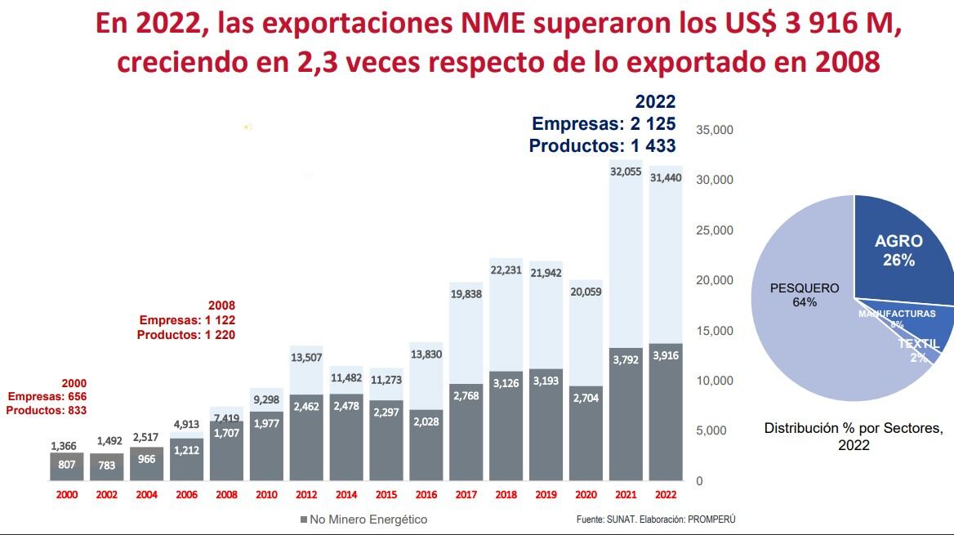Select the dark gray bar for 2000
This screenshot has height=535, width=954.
click(67, 466)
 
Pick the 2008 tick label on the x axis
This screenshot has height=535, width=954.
click(227, 495)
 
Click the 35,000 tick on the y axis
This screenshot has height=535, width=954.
click(715, 130)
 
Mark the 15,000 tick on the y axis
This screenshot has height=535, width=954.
click(715, 331)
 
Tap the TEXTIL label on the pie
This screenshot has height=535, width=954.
click(918, 345)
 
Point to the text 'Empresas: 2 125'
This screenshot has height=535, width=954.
click(604, 124)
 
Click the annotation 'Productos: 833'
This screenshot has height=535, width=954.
click(46, 410)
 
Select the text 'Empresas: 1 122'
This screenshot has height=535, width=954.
click(187, 320)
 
